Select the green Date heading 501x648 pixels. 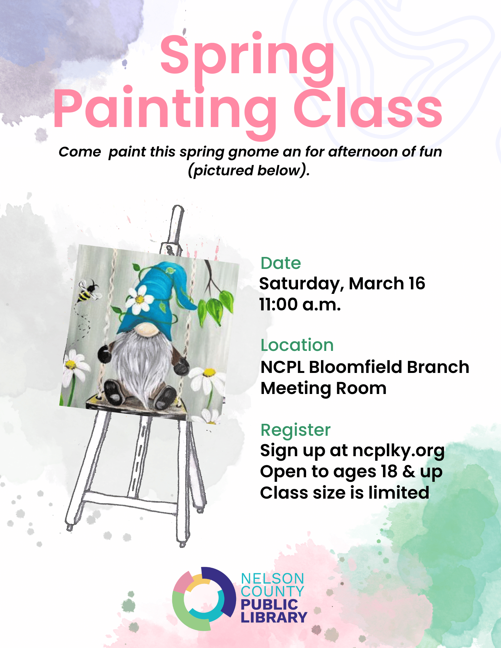tap(281, 263)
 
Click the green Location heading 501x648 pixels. tap(297, 345)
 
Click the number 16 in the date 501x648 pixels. tap(417, 283)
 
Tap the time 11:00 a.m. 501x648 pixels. tap(300, 305)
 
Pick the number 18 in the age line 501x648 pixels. tap(389, 471)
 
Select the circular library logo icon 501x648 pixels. tap(204, 599)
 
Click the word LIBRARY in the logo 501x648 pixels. tap(274, 617)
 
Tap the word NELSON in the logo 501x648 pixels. tap(272, 579)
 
